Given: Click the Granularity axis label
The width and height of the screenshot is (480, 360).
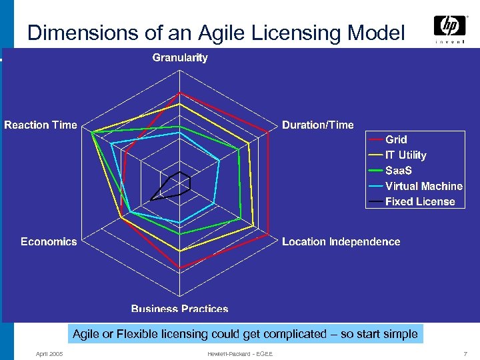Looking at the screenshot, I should pyautogui.click(x=180, y=57).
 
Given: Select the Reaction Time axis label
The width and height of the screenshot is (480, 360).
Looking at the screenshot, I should pyautogui.click(x=41, y=125).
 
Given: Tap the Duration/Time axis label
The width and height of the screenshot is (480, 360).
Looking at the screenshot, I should pyautogui.click(x=318, y=125).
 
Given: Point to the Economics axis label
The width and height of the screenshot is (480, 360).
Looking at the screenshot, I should pyautogui.click(x=49, y=241).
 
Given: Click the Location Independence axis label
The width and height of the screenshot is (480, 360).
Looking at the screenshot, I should pyautogui.click(x=341, y=241).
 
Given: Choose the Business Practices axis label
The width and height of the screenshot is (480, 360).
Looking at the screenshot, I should pyautogui.click(x=180, y=309).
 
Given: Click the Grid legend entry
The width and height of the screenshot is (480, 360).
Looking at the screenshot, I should pyautogui.click(x=396, y=139).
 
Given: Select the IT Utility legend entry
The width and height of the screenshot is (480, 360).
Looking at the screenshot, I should pyautogui.click(x=405, y=155).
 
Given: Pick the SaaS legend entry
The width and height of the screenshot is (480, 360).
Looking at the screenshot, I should pyautogui.click(x=399, y=171).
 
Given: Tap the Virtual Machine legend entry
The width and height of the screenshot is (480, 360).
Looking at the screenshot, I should pyautogui.click(x=423, y=186).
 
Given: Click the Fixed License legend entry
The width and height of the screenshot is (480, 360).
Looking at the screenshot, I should pyautogui.click(x=420, y=201).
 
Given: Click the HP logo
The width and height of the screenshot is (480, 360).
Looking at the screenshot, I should pyautogui.click(x=449, y=27).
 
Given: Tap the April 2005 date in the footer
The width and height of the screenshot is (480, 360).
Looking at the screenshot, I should pyautogui.click(x=49, y=353).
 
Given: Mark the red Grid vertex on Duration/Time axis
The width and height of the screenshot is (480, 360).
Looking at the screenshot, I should pyautogui.click(x=268, y=133).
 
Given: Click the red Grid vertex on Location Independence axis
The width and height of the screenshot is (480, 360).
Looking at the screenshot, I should pyautogui.click(x=269, y=236).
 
